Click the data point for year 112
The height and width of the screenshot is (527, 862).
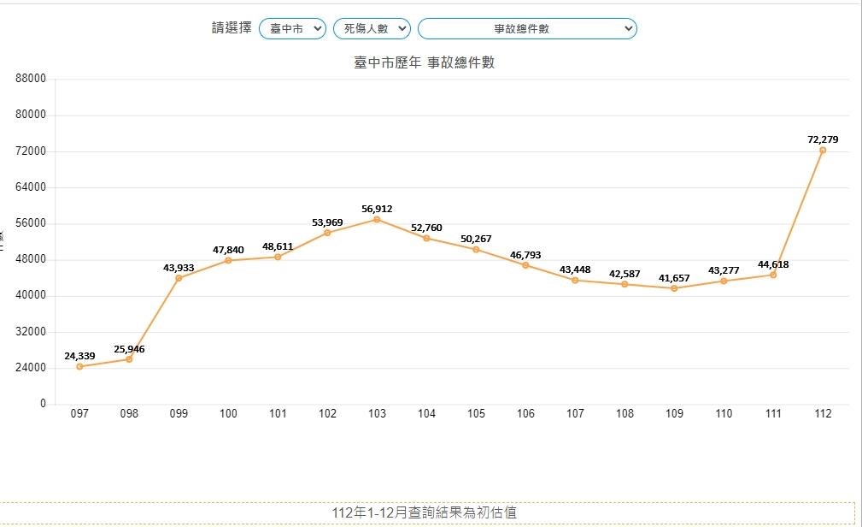pyautogui.click(x=823, y=150)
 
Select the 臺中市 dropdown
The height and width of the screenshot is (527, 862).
pyautogui.click(x=292, y=28)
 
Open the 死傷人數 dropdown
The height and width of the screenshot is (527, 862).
pyautogui.click(x=372, y=28)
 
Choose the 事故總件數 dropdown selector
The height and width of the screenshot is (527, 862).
pyautogui.click(x=526, y=28)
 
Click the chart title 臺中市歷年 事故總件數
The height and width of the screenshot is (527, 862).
pyautogui.click(x=424, y=62)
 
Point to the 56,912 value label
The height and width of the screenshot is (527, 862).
pyautogui.click(x=377, y=209)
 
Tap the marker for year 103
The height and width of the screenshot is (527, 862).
pyautogui.click(x=377, y=220)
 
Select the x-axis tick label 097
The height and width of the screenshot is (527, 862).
pyautogui.click(x=79, y=414)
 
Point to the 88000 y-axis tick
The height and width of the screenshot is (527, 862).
pyautogui.click(x=31, y=79)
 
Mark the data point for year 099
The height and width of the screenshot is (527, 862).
pyautogui.click(x=179, y=278)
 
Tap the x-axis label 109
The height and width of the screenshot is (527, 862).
pyautogui.click(x=674, y=414)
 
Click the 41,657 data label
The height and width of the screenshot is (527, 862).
pyautogui.click(x=674, y=278)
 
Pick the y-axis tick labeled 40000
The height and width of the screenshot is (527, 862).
pyautogui.click(x=31, y=295)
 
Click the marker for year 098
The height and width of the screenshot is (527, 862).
pyautogui.click(x=129, y=358)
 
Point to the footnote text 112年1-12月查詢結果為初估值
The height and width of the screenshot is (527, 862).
pyautogui.click(x=424, y=512)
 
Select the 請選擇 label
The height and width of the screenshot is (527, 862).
pyautogui.click(x=232, y=28)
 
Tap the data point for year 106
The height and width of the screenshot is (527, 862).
pyautogui.click(x=525, y=265)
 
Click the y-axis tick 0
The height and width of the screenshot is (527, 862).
pyautogui.click(x=42, y=404)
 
